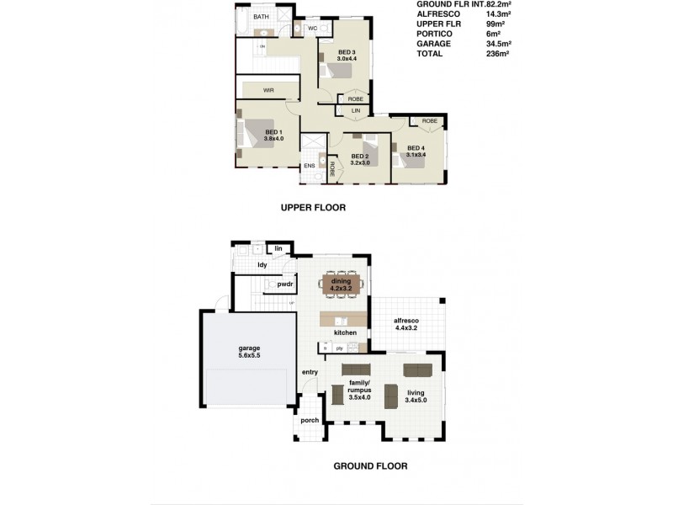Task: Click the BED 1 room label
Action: pos(274,136)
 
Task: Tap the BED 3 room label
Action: pos(347,56)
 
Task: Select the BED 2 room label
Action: pos(360,160)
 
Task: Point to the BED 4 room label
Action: pos(416,151)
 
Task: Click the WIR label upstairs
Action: pos(268,88)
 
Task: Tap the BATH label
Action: pos(262,17)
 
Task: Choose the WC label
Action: pos(311,28)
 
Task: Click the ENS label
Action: pos(309,166)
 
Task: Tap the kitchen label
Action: pos(346,333)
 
